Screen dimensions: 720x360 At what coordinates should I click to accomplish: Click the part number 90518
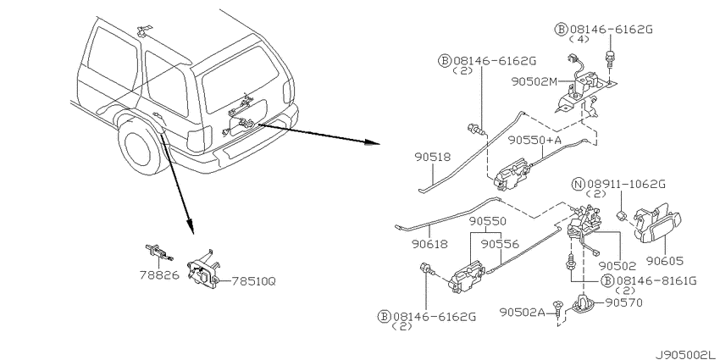[433, 157]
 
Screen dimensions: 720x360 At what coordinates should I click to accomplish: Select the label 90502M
[534, 81]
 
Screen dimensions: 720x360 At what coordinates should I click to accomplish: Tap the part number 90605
[664, 261]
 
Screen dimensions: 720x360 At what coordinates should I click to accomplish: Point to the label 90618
[429, 244]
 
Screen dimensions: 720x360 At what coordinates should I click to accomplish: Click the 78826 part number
[159, 275]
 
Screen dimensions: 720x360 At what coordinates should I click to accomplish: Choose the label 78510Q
[253, 280]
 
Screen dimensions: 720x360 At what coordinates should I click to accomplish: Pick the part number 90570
[623, 302]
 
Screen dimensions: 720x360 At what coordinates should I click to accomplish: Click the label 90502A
[522, 313]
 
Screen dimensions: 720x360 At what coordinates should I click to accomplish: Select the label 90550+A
[534, 141]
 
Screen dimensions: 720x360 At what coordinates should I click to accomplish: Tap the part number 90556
[500, 244]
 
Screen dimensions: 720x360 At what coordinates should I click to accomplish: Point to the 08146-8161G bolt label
[656, 280]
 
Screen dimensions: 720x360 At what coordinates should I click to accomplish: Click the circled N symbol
[578, 185]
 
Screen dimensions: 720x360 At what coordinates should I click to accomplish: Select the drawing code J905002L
[686, 355]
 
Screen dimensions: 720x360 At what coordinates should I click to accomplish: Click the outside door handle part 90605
[656, 224]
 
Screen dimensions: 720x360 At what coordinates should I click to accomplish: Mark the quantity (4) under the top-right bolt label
[579, 40]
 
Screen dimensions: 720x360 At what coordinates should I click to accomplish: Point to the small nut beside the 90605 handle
[621, 215]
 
